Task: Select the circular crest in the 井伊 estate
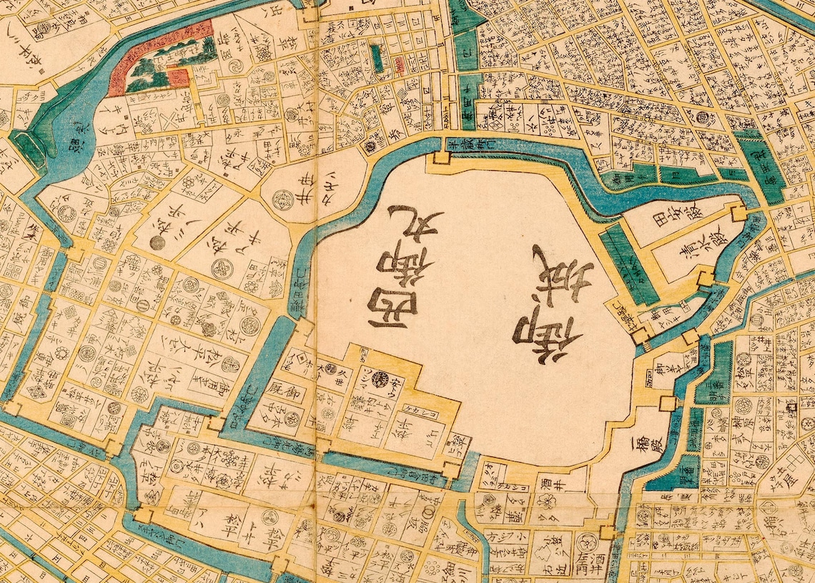[x=282, y=198]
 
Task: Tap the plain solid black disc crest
[x=157, y=243]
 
